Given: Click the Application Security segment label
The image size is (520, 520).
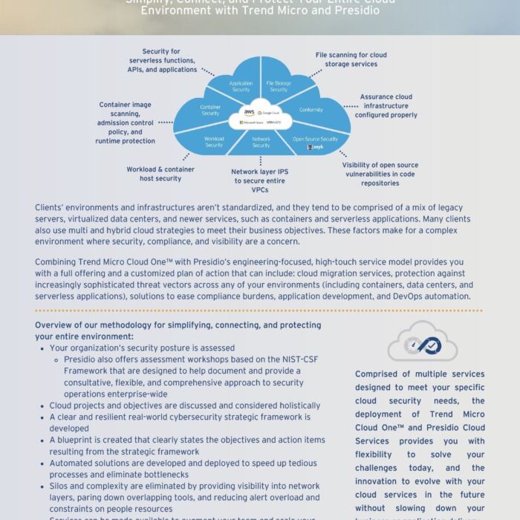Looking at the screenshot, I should pyautogui.click(x=241, y=86).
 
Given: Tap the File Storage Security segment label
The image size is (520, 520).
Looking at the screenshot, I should pyautogui.click(x=278, y=87).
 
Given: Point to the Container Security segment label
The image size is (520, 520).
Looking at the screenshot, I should pyautogui.click(x=210, y=110).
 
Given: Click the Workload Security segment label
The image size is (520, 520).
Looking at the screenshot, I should pyautogui.click(x=215, y=142).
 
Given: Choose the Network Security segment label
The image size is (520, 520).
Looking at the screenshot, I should pyautogui.click(x=261, y=142).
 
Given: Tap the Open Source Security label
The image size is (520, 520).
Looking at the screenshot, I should pyautogui.click(x=315, y=139).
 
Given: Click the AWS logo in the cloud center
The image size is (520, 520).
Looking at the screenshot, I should pyautogui.click(x=249, y=111).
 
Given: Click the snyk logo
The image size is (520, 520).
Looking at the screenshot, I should pyautogui.click(x=314, y=148).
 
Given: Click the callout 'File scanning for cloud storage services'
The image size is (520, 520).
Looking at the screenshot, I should pyautogui.click(x=351, y=59).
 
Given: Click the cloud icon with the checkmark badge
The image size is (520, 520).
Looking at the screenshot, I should pyautogui.click(x=422, y=342).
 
